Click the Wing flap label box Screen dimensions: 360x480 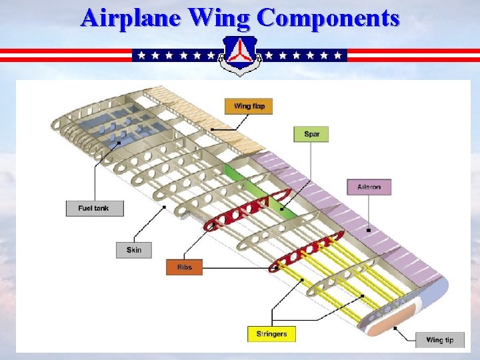point(249,106)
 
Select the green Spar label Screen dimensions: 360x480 point(311,134)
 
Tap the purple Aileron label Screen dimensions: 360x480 point(369,187)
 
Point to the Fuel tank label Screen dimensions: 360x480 point(95,208)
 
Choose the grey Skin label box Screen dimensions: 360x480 point(133,250)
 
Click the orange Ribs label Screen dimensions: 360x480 point(184,267)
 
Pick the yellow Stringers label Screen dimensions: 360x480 point(271,334)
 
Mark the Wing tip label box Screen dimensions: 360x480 point(439,340)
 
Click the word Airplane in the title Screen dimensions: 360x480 point(131,17)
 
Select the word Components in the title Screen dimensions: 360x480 point(328,17)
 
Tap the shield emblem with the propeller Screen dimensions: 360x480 point(240,55)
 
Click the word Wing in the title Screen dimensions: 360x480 point(220,17)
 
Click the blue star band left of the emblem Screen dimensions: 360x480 point(175,55)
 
